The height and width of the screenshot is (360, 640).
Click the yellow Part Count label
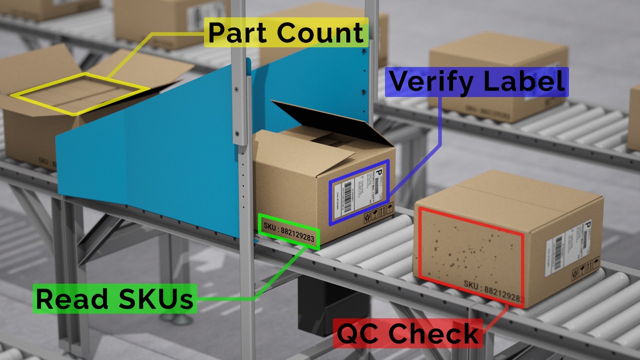click(x=286, y=33)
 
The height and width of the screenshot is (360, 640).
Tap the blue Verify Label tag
click(x=477, y=82)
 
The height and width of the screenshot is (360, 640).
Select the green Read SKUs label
click(x=115, y=299)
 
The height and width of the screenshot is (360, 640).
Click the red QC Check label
click(x=407, y=333)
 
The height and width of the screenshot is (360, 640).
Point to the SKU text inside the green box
click(x=289, y=232)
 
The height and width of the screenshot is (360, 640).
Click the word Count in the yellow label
click(x=320, y=33)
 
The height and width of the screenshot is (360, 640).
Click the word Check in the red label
click(x=433, y=333)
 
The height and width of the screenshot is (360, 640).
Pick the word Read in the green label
click(x=72, y=299)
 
